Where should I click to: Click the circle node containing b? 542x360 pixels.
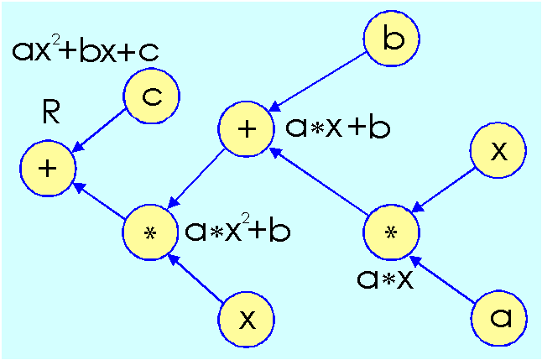[391, 40]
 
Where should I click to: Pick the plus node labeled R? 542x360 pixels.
[49, 168]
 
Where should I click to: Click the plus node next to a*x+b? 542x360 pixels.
[245, 129]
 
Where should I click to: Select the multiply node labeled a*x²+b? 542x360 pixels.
[150, 232]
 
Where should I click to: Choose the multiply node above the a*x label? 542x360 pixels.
[390, 232]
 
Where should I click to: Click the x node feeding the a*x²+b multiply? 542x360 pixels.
[246, 319]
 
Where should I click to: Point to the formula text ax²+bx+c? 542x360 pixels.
[86, 51]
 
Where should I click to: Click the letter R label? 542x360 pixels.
[50, 113]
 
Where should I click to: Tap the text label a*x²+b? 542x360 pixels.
[237, 230]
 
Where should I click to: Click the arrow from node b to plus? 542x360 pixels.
[319, 80]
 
